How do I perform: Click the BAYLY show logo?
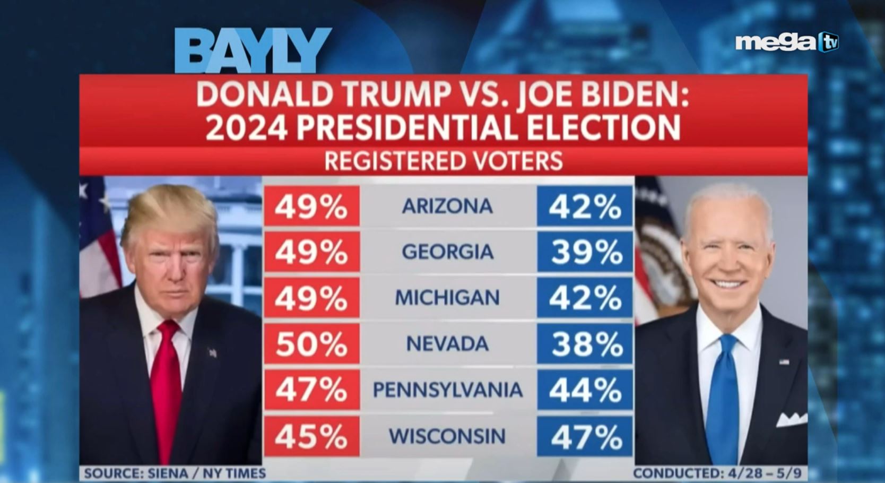point(253,50)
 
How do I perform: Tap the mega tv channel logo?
point(786,42)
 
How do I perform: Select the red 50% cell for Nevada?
point(311,344)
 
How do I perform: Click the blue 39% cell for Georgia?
point(585,252)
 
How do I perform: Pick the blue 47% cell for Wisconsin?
point(585,437)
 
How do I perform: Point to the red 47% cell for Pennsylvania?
point(311,391)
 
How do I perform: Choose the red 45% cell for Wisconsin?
point(311,437)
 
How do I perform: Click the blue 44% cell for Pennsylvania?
point(585,391)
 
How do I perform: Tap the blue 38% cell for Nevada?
point(585,344)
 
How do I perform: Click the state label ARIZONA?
point(447,206)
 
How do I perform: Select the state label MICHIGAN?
point(447,298)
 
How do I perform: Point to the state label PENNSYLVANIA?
point(447,390)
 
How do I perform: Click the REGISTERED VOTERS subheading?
point(443,161)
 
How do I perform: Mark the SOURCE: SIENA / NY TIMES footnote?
point(175,473)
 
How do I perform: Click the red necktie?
point(168,382)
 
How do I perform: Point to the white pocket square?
point(792,419)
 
